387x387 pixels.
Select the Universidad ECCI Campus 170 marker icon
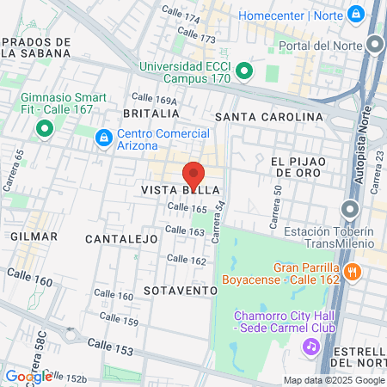243,70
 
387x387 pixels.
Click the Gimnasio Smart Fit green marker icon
42,130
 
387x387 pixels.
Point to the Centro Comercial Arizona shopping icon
103,136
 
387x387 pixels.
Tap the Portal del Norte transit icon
374,46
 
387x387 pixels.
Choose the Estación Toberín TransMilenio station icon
349,209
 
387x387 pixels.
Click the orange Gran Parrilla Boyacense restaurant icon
351,273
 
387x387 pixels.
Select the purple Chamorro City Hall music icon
310,345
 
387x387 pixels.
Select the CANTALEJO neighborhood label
122,237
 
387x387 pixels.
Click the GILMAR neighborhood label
34,236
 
